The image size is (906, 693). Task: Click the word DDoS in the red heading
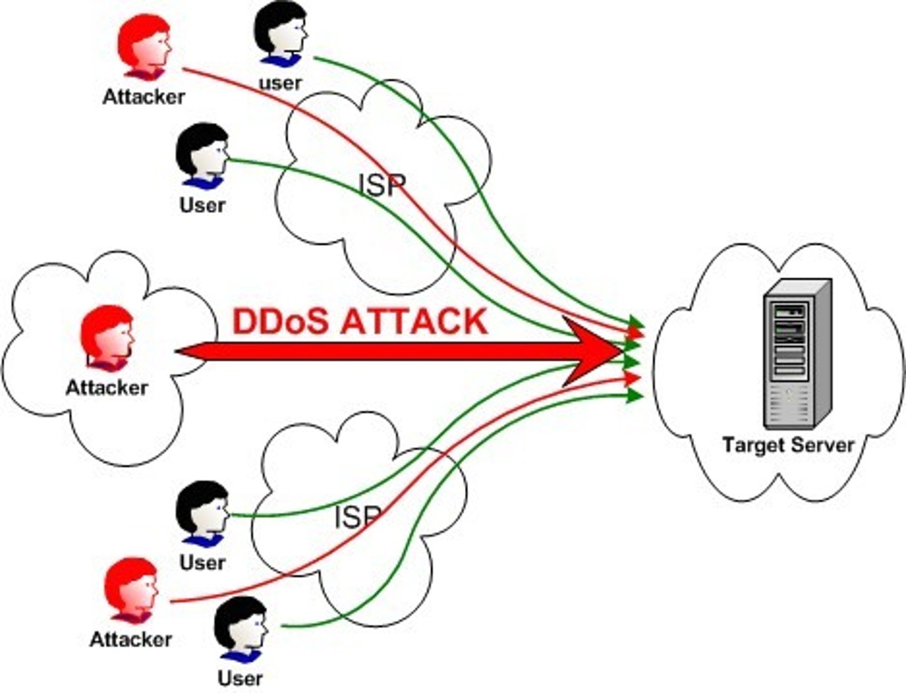(281, 322)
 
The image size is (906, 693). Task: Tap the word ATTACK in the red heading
(414, 322)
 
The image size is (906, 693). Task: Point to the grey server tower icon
(797, 354)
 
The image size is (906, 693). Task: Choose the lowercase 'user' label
(280, 84)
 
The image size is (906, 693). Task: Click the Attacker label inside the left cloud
(106, 389)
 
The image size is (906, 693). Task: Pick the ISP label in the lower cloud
(357, 518)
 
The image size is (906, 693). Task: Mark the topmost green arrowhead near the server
(636, 322)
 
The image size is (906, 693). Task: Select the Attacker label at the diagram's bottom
(131, 640)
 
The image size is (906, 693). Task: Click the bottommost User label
(240, 679)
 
